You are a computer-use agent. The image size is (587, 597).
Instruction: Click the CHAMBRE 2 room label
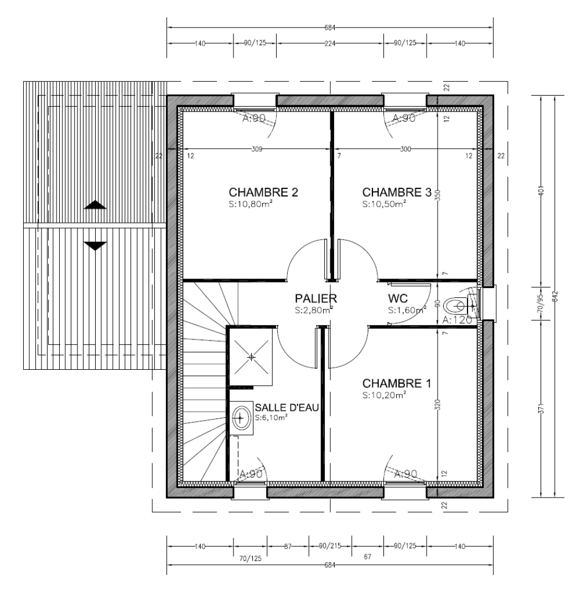click(263, 192)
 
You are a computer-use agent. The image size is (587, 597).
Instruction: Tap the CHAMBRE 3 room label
click(396, 192)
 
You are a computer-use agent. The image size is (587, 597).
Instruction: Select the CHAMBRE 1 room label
click(396, 384)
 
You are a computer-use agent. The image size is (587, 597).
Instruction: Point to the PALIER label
click(315, 299)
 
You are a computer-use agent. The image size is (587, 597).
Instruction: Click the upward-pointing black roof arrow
click(95, 205)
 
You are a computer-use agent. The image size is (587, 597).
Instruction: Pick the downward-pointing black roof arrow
click(95, 245)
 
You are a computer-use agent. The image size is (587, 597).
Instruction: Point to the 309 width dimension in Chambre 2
click(256, 149)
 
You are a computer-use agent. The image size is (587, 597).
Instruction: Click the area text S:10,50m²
click(384, 204)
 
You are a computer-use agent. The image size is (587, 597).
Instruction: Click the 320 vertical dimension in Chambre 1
click(438, 406)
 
